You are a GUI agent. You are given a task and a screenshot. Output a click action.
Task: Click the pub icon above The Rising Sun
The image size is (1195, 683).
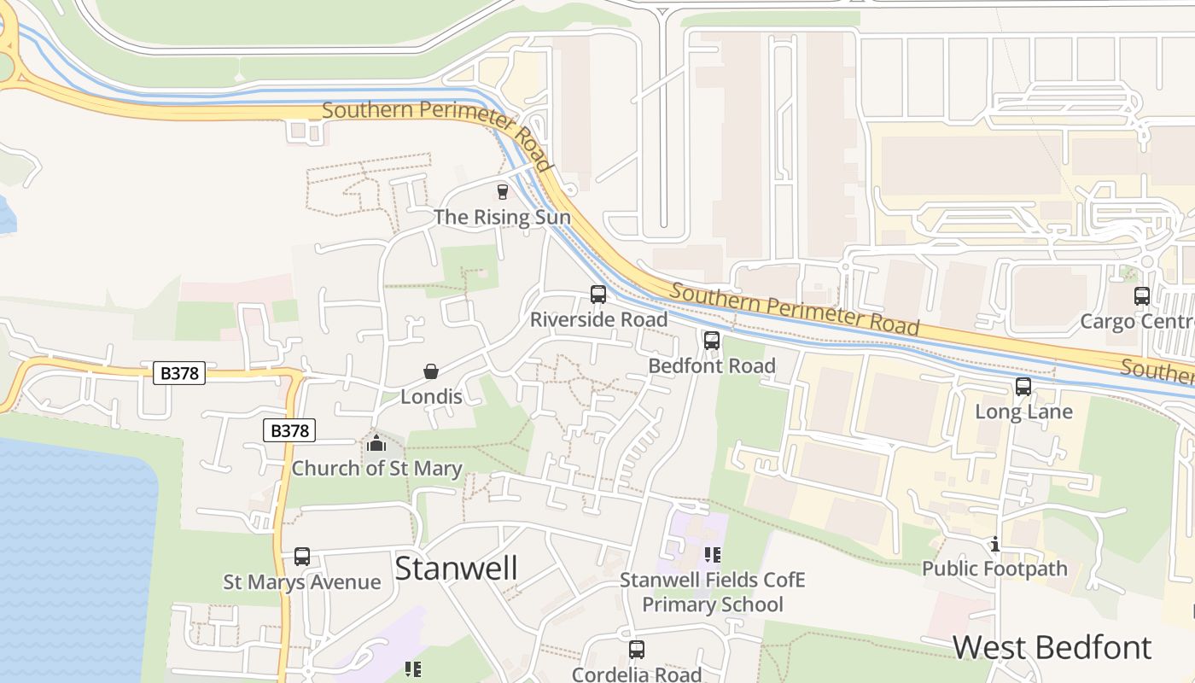click(x=502, y=192)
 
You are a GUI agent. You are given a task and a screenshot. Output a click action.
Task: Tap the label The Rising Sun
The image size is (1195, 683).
click(x=502, y=217)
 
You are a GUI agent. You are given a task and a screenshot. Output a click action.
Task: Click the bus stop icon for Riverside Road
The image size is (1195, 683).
click(x=598, y=295)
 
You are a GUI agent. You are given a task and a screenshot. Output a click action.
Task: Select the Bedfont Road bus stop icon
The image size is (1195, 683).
click(x=712, y=341)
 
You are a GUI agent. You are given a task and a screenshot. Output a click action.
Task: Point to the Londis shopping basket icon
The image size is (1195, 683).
click(x=431, y=371)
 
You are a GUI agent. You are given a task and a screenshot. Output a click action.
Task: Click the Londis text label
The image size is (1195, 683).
click(x=431, y=397)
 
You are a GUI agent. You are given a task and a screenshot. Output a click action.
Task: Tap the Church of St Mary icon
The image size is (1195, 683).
click(x=376, y=443)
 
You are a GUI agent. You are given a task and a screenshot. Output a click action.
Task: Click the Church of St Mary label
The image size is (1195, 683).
click(x=376, y=469)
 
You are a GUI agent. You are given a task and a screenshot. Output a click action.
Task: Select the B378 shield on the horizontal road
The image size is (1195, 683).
click(x=179, y=373)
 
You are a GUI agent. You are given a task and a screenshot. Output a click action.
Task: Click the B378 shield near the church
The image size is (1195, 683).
click(x=289, y=431)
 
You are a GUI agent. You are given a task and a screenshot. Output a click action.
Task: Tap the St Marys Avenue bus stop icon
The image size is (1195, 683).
click(x=302, y=557)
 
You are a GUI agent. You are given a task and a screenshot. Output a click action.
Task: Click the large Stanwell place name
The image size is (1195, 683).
click(x=456, y=568)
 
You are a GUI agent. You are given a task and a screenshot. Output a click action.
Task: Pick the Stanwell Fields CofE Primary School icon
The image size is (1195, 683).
click(x=713, y=555)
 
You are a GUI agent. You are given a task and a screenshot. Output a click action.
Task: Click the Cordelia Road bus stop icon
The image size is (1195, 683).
click(x=637, y=650)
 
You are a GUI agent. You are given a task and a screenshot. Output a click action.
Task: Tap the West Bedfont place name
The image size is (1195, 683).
click(x=1052, y=647)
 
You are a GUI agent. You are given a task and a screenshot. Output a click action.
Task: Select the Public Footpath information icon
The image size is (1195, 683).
click(x=994, y=544)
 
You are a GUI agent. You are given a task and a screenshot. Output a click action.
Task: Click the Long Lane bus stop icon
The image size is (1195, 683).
click(x=1023, y=387)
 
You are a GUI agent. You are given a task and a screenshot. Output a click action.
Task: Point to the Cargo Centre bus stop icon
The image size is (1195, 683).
click(x=1142, y=296)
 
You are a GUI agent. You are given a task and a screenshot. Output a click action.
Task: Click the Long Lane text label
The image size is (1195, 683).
click(x=1023, y=412)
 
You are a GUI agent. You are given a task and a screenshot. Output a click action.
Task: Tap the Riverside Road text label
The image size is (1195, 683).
click(x=598, y=320)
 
